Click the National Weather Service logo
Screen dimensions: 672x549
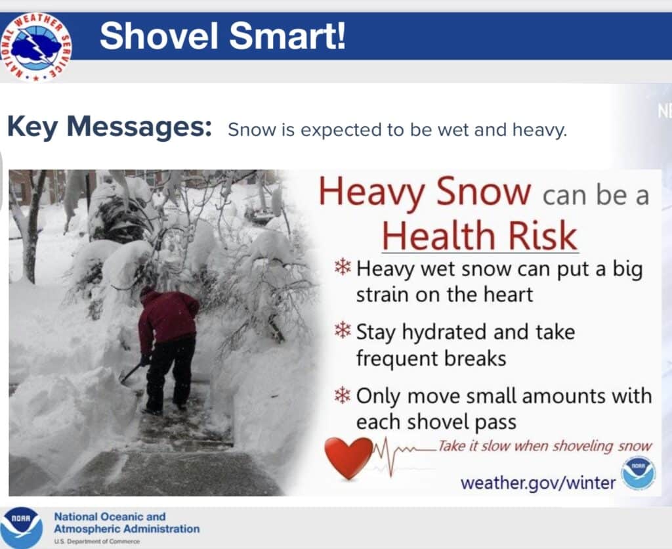(x=36, y=47)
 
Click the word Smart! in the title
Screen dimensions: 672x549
(x=287, y=36)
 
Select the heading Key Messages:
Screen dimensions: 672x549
(x=110, y=127)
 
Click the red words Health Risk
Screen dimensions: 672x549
(x=480, y=236)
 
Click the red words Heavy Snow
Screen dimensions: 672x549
(x=425, y=192)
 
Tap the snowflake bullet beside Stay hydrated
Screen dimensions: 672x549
(x=343, y=330)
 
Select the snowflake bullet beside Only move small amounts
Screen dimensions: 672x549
(x=343, y=395)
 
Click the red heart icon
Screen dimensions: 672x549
(x=348, y=458)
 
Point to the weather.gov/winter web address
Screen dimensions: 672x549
(x=538, y=483)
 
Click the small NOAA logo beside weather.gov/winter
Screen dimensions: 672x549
(x=638, y=473)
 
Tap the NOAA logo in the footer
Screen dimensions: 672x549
(x=22, y=528)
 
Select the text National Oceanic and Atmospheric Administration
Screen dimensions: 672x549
(x=127, y=523)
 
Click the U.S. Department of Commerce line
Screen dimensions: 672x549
(x=96, y=541)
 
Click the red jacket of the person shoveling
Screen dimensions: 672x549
(x=167, y=317)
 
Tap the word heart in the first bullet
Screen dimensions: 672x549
(x=508, y=295)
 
